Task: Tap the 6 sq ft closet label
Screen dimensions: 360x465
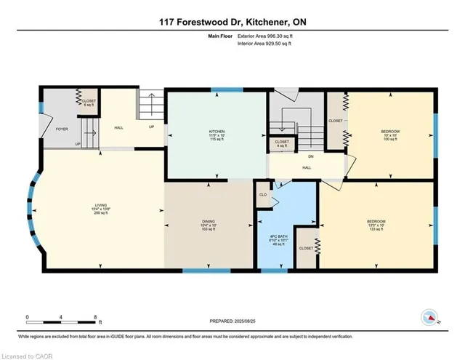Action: tap(89, 103)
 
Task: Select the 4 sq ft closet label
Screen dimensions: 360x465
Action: tap(281, 144)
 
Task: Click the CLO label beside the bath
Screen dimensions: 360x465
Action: tap(263, 194)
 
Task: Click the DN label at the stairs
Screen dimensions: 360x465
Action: tap(310, 156)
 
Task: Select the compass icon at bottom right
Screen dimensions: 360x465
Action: tap(431, 317)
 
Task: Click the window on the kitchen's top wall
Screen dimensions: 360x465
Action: tap(217, 91)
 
